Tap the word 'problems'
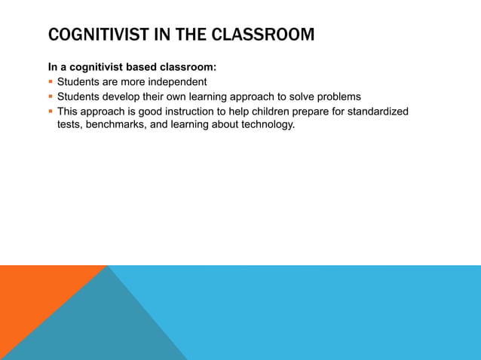[x=337, y=96]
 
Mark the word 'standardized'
[x=376, y=111]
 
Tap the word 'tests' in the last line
[x=70, y=124]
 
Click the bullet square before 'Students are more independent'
[x=51, y=82]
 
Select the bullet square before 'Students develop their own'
[x=51, y=96]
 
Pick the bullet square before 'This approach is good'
[x=51, y=111]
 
